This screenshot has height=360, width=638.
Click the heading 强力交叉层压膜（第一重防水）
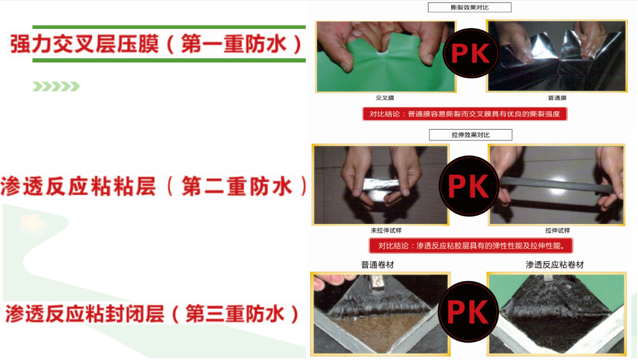point(156,44)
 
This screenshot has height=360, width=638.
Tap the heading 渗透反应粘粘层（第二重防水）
point(154,186)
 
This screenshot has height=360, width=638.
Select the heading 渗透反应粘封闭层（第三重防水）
point(152,313)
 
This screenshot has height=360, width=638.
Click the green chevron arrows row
point(56,86)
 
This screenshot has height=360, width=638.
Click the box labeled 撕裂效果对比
point(470,8)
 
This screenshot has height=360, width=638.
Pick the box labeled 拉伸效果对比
point(471,135)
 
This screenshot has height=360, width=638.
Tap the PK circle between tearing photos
point(471,53)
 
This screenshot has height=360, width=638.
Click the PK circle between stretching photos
point(469,186)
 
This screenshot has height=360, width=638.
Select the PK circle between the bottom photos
point(468,312)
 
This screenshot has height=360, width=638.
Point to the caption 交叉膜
point(384,98)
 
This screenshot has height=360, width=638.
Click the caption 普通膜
point(557,98)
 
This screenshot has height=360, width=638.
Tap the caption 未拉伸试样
point(386,230)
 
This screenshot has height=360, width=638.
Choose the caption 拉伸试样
point(557,230)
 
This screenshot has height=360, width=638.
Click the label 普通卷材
point(377,265)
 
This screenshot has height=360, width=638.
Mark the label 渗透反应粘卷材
point(554,265)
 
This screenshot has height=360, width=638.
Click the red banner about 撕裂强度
point(465,114)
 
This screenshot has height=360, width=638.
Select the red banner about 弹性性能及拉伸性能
point(471,245)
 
